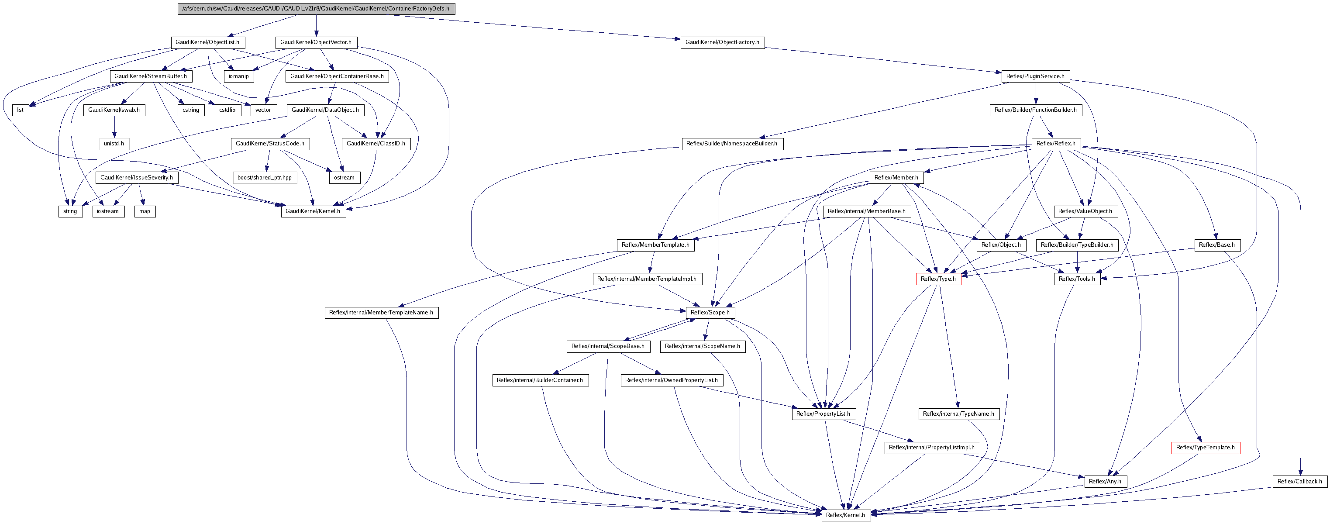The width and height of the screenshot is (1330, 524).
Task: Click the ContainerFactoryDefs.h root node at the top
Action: point(316,9)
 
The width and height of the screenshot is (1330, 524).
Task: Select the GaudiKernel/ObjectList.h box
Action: point(207,42)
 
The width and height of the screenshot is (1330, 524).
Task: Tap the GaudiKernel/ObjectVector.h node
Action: point(316,42)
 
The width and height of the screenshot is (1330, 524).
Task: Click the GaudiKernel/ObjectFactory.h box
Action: point(722,42)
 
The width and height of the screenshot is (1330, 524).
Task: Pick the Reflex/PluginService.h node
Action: point(1036,76)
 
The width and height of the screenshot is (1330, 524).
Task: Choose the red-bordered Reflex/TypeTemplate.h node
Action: point(1206,448)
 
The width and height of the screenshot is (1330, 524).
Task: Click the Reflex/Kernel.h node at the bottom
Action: point(846,515)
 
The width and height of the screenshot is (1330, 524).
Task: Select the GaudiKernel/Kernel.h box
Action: point(314,211)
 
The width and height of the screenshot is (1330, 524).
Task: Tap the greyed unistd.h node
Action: point(114,144)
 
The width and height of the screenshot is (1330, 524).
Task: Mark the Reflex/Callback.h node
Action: point(1299,482)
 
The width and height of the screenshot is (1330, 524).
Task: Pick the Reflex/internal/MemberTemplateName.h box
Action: point(382,313)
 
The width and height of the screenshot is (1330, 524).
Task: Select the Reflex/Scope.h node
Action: point(710,313)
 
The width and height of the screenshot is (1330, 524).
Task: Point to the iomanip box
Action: point(238,76)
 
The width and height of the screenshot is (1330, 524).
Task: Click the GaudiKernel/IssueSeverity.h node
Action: point(137,178)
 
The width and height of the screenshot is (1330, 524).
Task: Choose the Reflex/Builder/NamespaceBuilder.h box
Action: point(732,144)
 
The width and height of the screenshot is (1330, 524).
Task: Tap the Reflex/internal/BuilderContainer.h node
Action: point(540,380)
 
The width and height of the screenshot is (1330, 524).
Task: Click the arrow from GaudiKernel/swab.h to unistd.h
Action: point(114,127)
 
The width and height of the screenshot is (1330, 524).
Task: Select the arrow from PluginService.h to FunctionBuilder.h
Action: point(1036,93)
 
